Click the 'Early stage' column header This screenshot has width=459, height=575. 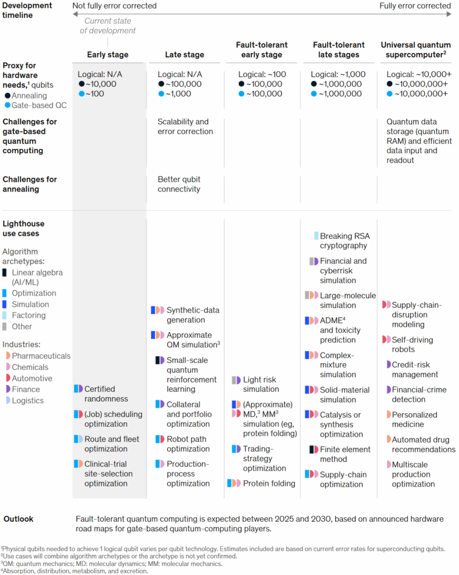click(108, 55)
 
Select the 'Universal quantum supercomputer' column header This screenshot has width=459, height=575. click(416, 50)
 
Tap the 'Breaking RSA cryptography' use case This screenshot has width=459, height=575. click(344, 241)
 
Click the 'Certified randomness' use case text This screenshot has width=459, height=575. click(106, 394)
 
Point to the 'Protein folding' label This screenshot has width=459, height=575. click(269, 483)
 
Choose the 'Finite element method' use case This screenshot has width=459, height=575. click(345, 454)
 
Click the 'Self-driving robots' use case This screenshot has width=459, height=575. click(412, 344)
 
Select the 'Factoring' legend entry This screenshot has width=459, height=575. click(28, 315)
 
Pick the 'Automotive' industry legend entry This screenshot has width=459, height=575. click(32, 378)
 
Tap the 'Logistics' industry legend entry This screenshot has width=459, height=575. click(27, 401)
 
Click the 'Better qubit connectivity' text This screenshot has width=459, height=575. click(179, 184)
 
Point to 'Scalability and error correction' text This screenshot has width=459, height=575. click(185, 127)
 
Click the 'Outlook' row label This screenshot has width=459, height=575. click(18, 519)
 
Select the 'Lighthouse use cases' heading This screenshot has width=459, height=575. click(23, 228)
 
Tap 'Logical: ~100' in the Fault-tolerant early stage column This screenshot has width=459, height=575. click(262, 74)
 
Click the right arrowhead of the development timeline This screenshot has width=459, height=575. click(449, 14)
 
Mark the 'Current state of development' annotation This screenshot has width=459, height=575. click(108, 26)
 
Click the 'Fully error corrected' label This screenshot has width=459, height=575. click(415, 6)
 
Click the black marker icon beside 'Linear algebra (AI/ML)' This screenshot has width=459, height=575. click(4, 273)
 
